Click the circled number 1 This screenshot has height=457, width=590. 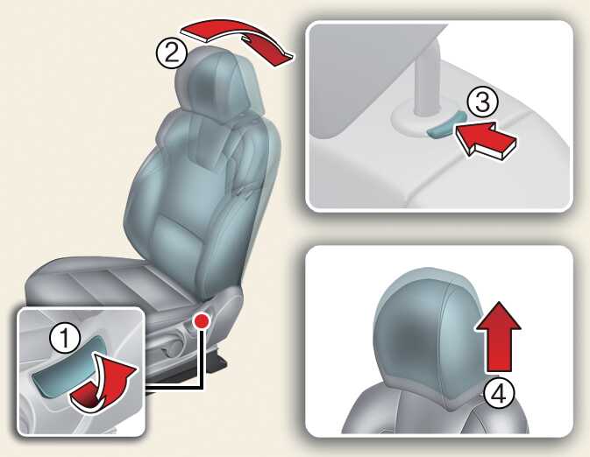point(65,338)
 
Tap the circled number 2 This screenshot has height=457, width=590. point(172,53)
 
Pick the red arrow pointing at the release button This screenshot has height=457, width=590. point(486,141)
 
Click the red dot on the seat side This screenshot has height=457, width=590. point(202,320)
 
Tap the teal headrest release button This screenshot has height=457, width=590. point(446,125)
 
